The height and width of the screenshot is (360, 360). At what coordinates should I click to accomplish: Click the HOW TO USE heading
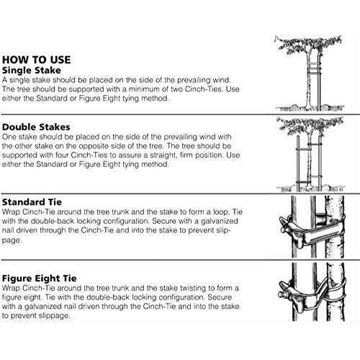coord(37,60)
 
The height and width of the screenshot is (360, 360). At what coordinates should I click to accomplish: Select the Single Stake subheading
coord(32,71)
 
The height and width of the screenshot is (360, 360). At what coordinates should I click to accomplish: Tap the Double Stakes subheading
coord(36,127)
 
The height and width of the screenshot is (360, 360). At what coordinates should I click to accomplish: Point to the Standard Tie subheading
coord(32,202)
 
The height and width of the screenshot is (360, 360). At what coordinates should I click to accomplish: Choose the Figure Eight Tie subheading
coord(39,279)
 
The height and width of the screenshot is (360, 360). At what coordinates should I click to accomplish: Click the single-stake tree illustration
coord(310,73)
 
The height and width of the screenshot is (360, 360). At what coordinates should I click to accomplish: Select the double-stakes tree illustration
coord(310,154)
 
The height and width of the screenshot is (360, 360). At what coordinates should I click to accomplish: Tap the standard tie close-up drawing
coord(312,227)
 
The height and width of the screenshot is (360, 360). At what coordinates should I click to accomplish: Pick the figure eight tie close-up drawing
coord(312,292)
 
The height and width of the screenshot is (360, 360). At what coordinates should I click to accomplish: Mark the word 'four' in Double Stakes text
coord(62,155)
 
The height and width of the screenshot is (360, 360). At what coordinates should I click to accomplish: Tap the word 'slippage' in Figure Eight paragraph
coord(54,316)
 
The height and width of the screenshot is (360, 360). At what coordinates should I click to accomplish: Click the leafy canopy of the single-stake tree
coord(309,45)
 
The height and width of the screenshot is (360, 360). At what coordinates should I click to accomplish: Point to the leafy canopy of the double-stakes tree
coord(310,126)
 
